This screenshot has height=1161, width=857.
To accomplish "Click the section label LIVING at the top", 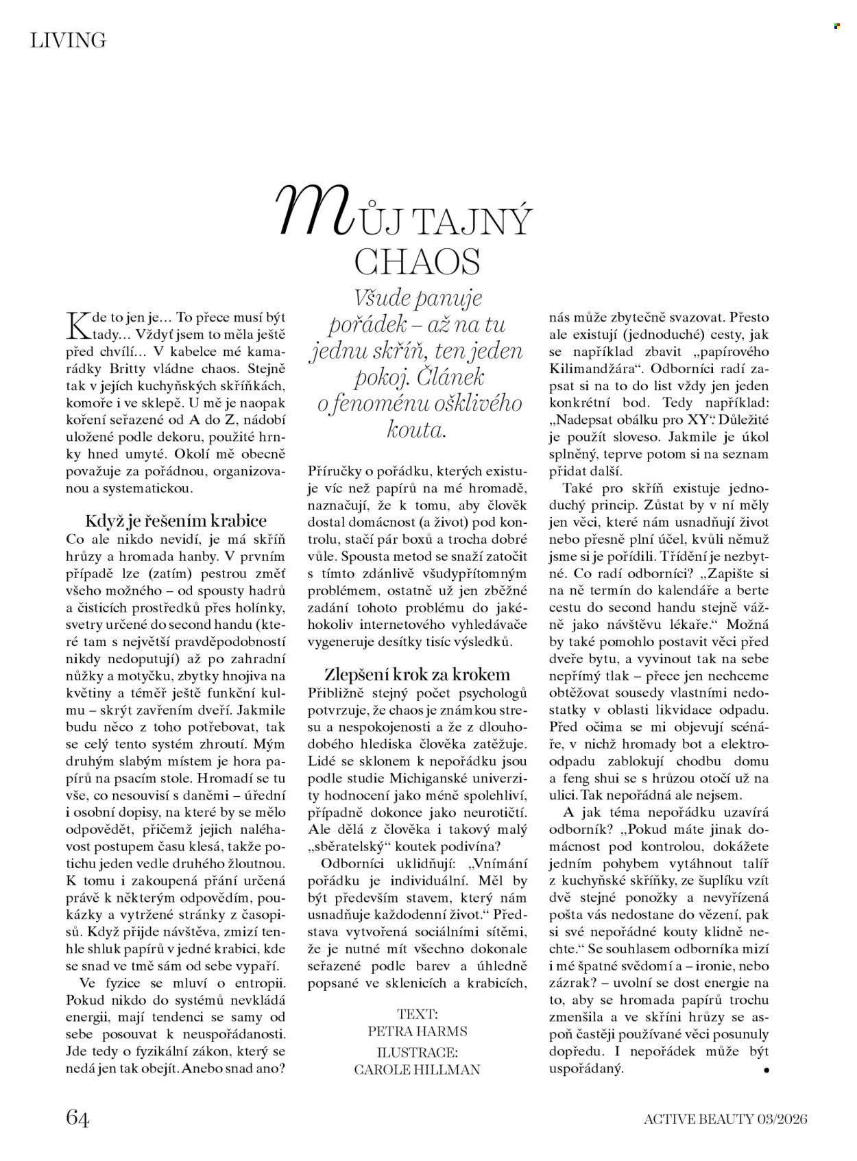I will pyautogui.click(x=69, y=40).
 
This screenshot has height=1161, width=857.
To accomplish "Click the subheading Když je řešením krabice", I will pyautogui.click(x=176, y=520).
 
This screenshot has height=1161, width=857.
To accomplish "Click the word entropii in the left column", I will pyautogui.click(x=264, y=983).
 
